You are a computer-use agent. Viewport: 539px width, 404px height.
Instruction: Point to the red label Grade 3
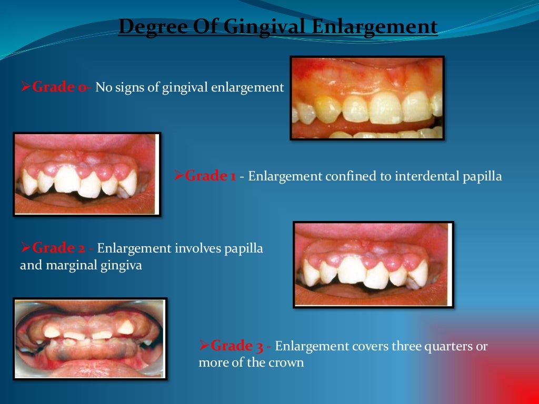tap(237, 346)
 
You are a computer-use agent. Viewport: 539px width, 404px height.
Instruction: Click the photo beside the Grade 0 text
tap(367, 98)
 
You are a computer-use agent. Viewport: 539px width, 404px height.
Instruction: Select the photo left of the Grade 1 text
tap(87, 174)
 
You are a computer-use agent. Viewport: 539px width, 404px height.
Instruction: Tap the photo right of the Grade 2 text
tap(373, 265)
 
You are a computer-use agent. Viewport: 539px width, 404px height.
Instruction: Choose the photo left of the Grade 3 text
tap(91, 339)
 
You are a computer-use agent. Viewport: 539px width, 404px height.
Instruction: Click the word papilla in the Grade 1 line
tap(483, 176)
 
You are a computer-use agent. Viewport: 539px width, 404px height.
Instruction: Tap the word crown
tap(288, 363)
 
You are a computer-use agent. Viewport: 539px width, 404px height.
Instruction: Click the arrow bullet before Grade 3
tap(204, 346)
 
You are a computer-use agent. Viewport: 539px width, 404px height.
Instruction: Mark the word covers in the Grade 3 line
tap(371, 346)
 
